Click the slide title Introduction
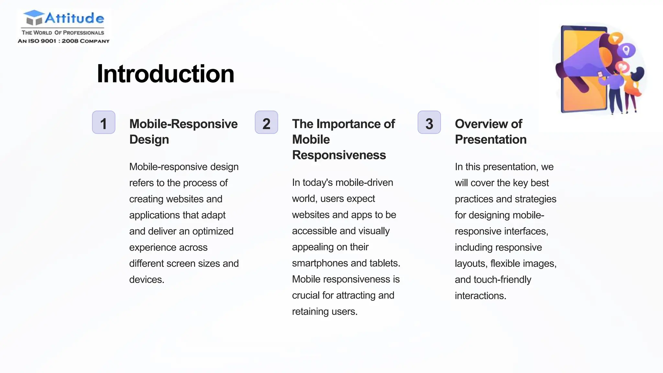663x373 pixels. point(165,74)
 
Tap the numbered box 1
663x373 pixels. point(104,122)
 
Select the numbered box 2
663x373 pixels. point(266,122)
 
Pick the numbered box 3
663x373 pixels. point(429,122)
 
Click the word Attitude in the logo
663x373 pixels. point(74,18)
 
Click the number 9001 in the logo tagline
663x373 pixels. point(48,41)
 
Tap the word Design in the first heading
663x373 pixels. point(149,140)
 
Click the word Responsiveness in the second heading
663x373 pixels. point(339,155)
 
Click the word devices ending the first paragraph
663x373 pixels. point(146,279)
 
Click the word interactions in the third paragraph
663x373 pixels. point(480,296)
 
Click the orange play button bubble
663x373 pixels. point(615,39)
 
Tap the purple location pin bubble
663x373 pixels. point(626,50)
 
